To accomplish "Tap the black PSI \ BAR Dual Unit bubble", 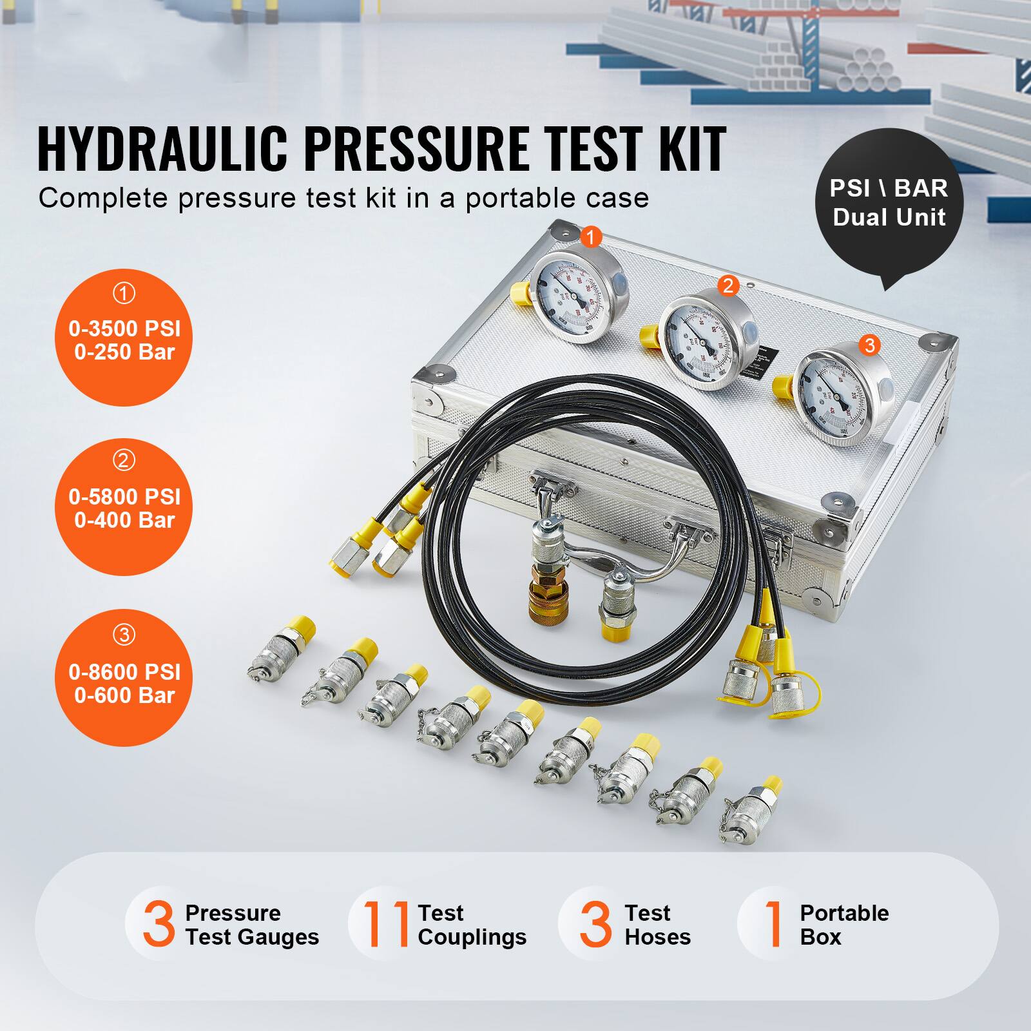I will tap(889, 203).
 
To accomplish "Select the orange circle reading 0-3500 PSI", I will tap(124, 338).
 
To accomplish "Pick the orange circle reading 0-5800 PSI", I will tap(124, 506).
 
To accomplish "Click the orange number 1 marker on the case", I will tap(590, 237).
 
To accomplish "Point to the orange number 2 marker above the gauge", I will tap(728, 285).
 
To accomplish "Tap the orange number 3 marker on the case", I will tap(870, 345).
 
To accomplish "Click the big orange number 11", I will tap(386, 924).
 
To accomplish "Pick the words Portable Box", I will tap(843, 925).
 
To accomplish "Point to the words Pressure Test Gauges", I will tap(251, 925).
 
